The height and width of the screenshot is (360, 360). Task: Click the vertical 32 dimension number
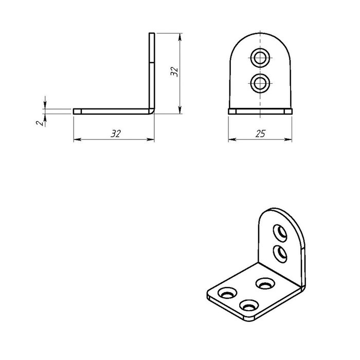174,71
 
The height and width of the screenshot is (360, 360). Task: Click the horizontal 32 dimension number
116,134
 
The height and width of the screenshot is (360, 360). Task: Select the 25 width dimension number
260,134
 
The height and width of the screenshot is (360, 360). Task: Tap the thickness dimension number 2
40,123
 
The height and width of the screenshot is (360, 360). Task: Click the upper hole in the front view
260,58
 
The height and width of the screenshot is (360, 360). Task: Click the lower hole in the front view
260,83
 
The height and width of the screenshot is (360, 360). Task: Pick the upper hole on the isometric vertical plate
280,233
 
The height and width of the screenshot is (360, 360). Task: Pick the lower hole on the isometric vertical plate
280,254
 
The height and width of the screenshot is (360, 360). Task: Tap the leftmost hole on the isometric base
227,293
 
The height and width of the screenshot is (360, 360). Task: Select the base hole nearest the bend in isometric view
265,283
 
